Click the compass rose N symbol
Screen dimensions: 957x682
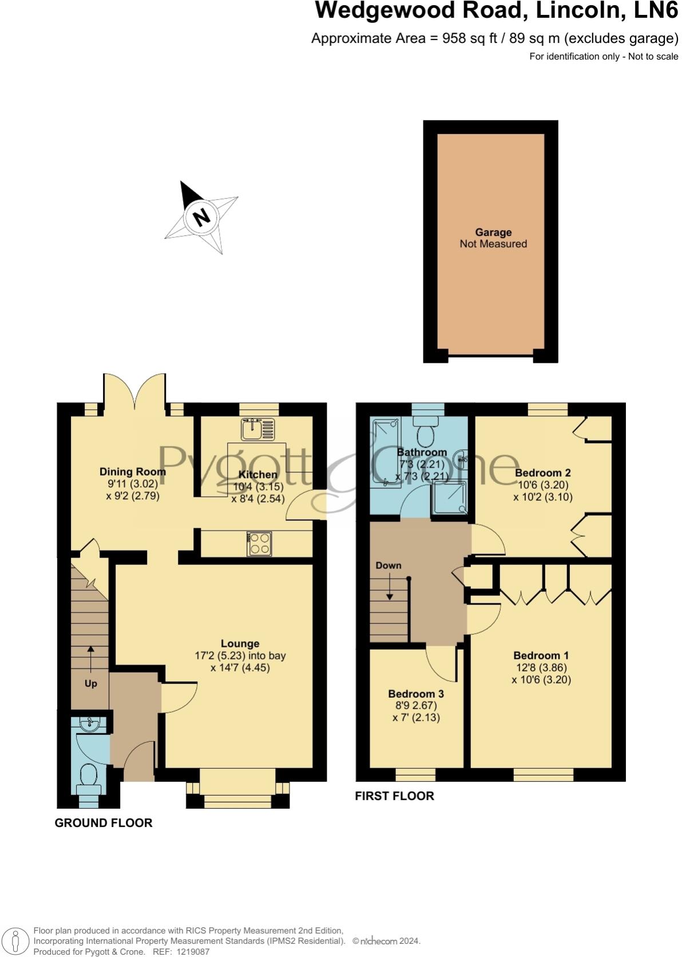[x=201, y=217]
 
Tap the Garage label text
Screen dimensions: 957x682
[x=493, y=232]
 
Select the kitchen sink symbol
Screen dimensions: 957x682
[x=257, y=429]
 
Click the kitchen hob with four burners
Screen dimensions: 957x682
[x=259, y=544]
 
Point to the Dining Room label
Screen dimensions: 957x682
[x=133, y=472]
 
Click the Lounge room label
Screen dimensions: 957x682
[x=240, y=644]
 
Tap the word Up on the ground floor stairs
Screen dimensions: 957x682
[x=91, y=683]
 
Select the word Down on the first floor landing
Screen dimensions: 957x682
[x=388, y=565]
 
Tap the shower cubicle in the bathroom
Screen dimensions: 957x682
[x=449, y=496]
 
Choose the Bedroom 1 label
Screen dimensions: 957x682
[x=541, y=656]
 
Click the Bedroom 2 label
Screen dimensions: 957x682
[x=543, y=473]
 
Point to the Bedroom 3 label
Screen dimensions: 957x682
[x=416, y=694]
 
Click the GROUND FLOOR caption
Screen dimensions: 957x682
[x=104, y=823]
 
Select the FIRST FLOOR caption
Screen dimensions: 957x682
[x=394, y=796]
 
